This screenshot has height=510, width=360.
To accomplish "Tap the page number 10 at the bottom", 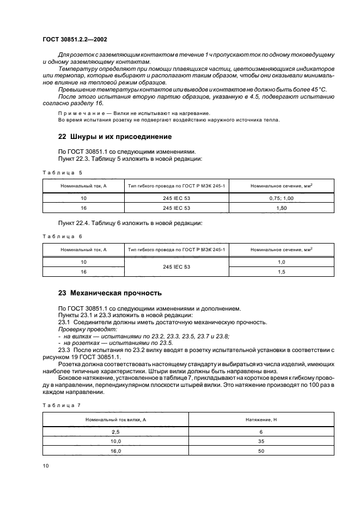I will (46, 465).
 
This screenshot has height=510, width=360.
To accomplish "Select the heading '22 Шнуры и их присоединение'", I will (115, 136).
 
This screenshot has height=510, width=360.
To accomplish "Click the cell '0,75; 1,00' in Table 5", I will (281, 199).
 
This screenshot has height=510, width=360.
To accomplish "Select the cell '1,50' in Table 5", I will (281, 208).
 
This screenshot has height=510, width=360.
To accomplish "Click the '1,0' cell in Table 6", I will (281, 262).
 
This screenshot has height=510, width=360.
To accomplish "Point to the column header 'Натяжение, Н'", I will (261, 420).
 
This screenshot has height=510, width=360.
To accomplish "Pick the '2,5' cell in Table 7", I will (115, 432).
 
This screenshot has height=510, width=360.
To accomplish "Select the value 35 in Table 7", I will (261, 441).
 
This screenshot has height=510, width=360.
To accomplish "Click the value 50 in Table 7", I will (261, 451).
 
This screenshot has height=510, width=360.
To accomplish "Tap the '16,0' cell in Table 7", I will (115, 451).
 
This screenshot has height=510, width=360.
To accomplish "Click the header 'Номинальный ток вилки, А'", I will (115, 420).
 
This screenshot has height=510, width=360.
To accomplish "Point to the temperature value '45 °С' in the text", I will (318, 89).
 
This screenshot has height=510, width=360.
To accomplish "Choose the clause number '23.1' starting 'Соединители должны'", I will (64, 322).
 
